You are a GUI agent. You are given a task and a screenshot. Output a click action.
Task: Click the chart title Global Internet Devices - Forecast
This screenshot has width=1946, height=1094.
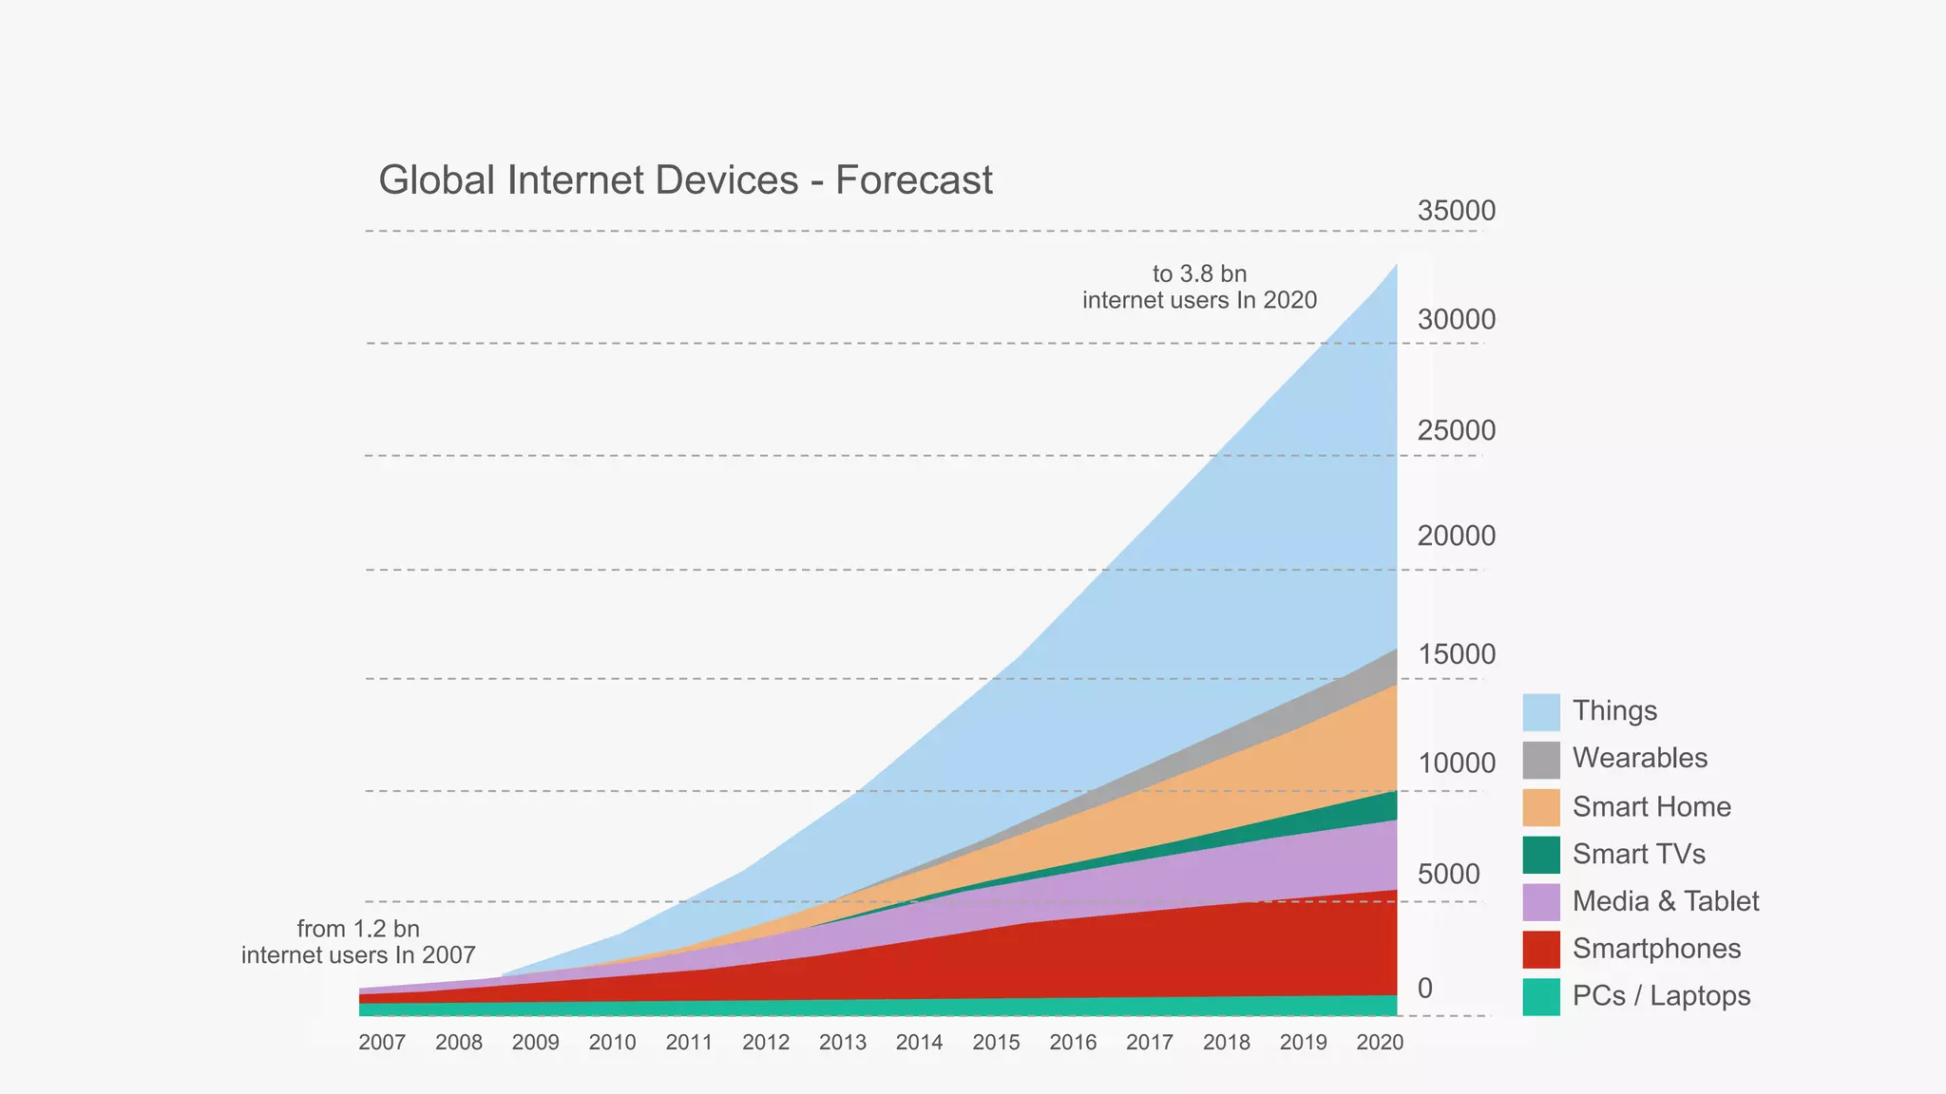coord(685,180)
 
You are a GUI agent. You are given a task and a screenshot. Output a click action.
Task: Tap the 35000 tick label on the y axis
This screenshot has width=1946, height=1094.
coord(1456,211)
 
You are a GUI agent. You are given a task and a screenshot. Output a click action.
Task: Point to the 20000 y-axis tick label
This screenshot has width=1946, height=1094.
coord(1456,536)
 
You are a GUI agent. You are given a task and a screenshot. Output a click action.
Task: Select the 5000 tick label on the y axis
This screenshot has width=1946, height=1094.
coord(1448,874)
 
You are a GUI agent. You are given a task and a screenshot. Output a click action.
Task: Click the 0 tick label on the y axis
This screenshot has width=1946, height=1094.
coord(1424,989)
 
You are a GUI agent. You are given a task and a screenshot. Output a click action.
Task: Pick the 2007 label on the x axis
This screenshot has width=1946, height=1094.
coord(382,1043)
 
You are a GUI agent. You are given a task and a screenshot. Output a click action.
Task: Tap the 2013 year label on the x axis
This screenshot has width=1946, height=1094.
coord(843,1043)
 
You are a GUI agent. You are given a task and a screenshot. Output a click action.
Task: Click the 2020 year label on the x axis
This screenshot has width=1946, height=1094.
coord(1380,1043)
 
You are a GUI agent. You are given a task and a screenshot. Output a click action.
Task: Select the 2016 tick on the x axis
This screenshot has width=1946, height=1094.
coord(1073,1043)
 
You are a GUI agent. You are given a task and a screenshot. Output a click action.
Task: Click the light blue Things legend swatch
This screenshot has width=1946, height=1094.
coord(1540,712)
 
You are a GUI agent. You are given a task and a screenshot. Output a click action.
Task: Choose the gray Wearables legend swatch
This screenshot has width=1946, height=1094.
coord(1540,760)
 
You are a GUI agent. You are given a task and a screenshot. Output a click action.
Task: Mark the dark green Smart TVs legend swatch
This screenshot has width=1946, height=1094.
coord(1540,855)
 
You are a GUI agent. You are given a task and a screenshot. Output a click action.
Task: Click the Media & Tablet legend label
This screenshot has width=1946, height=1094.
coord(1666,901)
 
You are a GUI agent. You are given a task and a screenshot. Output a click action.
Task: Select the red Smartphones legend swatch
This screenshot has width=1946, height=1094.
coord(1540,950)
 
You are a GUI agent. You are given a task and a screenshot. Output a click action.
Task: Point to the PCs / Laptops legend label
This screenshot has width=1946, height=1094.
coord(1661,996)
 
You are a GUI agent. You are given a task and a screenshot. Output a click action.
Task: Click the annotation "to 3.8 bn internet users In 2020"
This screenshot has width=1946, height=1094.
coord(1199,287)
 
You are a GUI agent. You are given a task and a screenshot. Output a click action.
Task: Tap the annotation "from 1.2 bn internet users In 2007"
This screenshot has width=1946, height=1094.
coord(358,941)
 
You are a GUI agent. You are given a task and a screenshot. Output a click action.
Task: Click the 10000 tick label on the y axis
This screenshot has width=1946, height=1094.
coord(1456,763)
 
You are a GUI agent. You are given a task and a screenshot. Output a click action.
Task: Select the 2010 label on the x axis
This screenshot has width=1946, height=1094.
coord(612,1043)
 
